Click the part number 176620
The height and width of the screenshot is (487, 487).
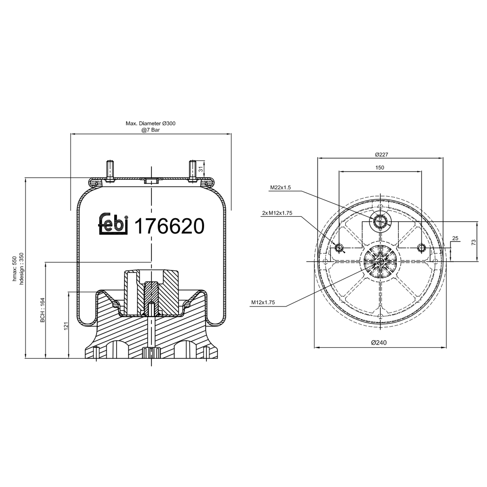coord(169,226)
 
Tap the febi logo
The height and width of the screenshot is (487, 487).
coord(112,224)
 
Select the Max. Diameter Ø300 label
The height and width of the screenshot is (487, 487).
coord(151,123)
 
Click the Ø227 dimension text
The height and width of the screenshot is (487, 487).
coord(381,155)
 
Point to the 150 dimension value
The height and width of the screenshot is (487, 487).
coord(380,168)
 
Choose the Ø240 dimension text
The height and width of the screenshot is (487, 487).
coord(379,343)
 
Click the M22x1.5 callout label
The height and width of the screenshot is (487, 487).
coord(281,187)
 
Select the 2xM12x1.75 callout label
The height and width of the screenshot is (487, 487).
coord(277,213)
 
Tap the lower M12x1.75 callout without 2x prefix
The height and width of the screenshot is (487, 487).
coord(263,302)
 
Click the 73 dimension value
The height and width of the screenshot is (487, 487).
coord(474,242)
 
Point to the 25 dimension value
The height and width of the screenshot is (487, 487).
coord(455,238)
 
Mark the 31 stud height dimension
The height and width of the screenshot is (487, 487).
coord(201,169)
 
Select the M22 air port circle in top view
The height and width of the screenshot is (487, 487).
coord(379,221)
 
